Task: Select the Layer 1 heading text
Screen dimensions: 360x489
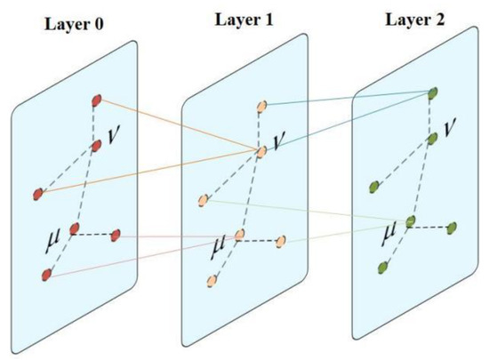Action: click(244, 17)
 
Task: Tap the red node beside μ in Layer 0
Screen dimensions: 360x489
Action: click(75, 229)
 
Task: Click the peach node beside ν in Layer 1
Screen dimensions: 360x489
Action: click(261, 151)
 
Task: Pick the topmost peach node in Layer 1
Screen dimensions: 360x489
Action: click(261, 106)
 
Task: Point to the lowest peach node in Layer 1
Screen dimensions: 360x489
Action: click(212, 281)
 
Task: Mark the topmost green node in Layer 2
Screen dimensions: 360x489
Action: click(433, 92)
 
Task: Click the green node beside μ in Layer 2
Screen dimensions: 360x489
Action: click(410, 221)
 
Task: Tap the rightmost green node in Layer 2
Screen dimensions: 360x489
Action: click(453, 227)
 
